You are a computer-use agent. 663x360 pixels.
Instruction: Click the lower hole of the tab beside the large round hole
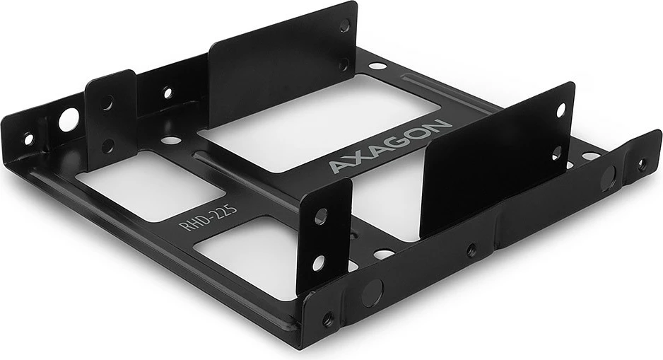[108, 144]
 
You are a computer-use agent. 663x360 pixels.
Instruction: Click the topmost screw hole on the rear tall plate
[344, 25]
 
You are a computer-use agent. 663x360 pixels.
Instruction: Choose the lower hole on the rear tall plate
[344, 65]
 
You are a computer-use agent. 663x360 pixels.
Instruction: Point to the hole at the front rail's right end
[642, 164]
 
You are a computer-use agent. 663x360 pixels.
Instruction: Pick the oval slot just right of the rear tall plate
[379, 66]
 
